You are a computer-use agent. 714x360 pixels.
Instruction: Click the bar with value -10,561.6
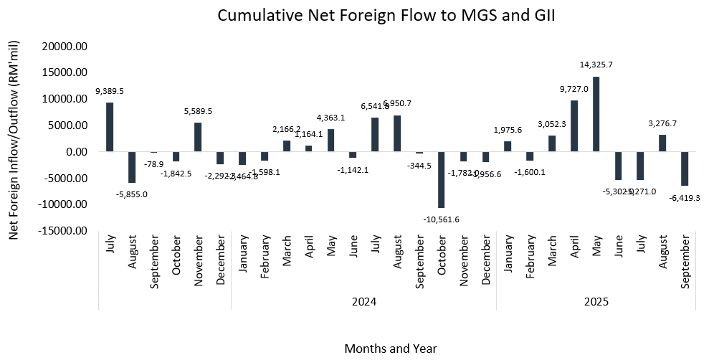441,179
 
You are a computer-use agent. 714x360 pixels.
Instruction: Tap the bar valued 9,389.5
110,127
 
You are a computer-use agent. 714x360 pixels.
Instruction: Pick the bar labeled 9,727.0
574,126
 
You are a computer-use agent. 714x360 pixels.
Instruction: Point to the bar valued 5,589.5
198,137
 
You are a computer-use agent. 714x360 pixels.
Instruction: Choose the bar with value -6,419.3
685,169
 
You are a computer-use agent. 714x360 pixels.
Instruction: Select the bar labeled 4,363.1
330,141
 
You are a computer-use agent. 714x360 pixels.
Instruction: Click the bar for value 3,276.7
662,143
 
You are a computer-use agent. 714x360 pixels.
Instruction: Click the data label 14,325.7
596,65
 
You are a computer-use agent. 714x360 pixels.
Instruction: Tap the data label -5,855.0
132,194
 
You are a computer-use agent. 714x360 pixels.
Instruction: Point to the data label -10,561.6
442,219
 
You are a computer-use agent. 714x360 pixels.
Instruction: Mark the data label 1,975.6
508,130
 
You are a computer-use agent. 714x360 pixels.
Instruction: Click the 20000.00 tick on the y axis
66,47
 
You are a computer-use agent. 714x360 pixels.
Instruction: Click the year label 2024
363,301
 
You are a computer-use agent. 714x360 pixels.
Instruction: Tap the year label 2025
596,301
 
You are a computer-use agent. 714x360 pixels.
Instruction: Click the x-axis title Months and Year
391,349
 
